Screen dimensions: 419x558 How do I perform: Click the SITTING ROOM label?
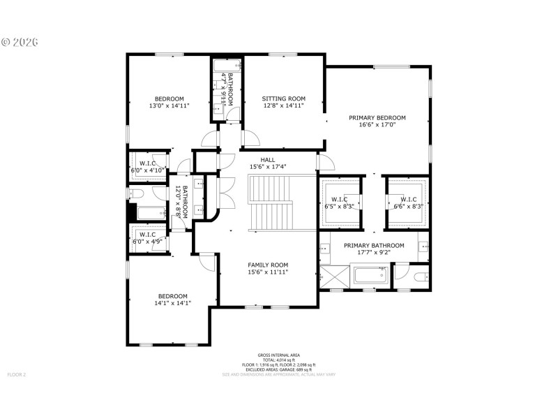click(284, 98)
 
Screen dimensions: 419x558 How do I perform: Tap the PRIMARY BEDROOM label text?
click(377, 118)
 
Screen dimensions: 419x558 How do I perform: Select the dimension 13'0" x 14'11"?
click(169, 106)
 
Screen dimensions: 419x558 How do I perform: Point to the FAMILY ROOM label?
click(268, 265)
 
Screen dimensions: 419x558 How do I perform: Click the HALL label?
click(268, 159)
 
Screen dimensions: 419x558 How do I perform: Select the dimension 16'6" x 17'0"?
click(377, 126)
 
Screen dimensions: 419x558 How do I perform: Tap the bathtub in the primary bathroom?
click(370, 277)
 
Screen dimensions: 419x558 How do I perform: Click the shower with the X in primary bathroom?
click(334, 277)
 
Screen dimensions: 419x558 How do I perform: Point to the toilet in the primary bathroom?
click(420, 277)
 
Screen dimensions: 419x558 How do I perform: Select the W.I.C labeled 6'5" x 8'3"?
click(340, 203)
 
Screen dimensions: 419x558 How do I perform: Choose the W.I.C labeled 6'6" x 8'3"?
click(408, 203)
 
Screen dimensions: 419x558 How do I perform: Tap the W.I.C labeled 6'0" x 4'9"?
click(147, 237)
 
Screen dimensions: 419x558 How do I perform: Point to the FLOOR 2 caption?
click(17, 375)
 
